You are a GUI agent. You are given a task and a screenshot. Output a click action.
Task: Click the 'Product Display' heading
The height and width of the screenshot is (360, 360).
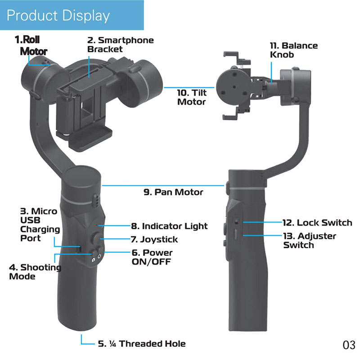click(x=58, y=16)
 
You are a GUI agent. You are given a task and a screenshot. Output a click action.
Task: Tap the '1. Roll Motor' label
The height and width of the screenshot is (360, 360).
click(x=33, y=45)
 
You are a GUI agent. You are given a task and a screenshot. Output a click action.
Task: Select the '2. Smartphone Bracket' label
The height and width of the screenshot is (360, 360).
click(x=120, y=45)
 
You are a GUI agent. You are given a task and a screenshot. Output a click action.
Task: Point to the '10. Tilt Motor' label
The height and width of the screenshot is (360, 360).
click(x=192, y=97)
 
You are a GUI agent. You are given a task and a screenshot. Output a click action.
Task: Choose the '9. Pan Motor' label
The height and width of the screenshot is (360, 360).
click(x=173, y=192)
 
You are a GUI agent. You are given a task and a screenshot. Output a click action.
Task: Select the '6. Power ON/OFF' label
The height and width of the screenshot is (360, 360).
click(x=152, y=257)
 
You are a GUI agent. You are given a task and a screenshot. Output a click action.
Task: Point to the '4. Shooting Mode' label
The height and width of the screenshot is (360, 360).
click(x=35, y=272)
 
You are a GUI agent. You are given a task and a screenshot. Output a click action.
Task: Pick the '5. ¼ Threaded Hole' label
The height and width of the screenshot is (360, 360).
click(x=141, y=344)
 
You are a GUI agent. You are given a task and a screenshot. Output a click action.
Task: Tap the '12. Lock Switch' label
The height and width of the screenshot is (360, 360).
click(x=317, y=223)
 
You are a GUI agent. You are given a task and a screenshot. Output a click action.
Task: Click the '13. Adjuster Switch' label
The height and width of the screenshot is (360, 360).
click(x=310, y=240)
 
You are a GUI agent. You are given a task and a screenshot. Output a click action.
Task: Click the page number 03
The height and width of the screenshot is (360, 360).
click(x=349, y=346)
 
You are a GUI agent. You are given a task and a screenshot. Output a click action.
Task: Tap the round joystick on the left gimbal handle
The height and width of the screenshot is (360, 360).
click(x=96, y=238)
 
